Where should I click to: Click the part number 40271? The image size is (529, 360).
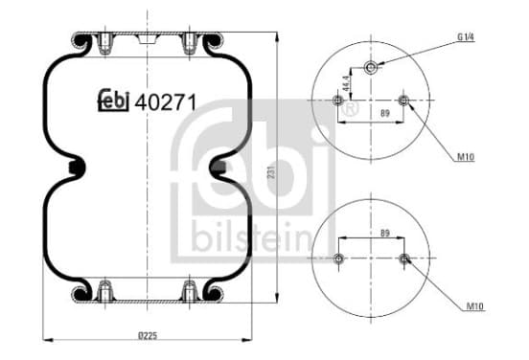click(x=165, y=102)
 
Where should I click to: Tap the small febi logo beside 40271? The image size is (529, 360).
click(x=114, y=101)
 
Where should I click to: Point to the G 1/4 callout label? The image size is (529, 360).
click(x=466, y=36)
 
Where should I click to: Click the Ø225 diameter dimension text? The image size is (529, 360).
click(x=148, y=335)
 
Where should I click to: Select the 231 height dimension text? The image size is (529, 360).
click(x=272, y=172)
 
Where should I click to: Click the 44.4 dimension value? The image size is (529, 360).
click(x=346, y=83)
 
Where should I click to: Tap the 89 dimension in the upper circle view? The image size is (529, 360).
click(x=385, y=113)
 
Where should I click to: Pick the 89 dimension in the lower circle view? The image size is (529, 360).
click(x=385, y=233)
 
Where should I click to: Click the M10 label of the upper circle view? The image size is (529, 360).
click(x=466, y=157)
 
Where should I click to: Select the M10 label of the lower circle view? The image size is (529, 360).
click(x=475, y=306)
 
